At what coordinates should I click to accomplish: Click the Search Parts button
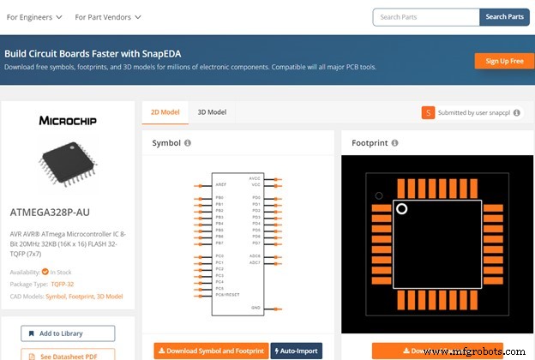504,16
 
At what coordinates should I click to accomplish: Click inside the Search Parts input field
425,16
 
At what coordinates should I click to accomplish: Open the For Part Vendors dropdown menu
108,16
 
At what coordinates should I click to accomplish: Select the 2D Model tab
165,111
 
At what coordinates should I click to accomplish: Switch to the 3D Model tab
212,111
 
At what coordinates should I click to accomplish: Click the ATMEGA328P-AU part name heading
50,213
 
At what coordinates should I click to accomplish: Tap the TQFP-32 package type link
63,284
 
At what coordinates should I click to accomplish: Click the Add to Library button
69,333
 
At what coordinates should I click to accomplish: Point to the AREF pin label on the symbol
220,184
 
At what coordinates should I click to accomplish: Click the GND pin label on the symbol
255,307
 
